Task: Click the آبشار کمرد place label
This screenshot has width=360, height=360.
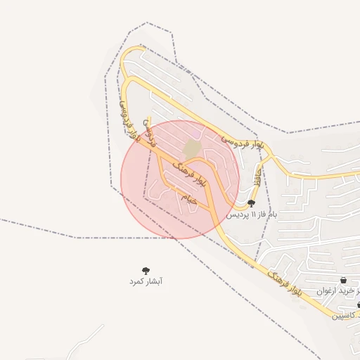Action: pyautogui.click(x=146, y=281)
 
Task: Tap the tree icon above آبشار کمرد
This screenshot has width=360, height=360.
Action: pyautogui.click(x=146, y=270)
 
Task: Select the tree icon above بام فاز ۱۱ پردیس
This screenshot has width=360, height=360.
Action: pyautogui.click(x=252, y=202)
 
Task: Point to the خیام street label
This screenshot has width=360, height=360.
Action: pyautogui.click(x=190, y=199)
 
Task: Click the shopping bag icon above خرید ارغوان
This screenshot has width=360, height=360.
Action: pyautogui.click(x=342, y=281)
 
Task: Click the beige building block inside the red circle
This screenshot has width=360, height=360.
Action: pyautogui.click(x=192, y=149)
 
